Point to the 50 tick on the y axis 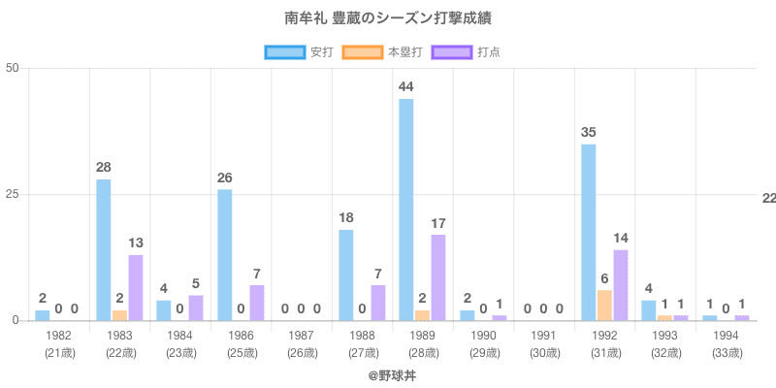point(13,68)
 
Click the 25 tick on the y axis point(13,194)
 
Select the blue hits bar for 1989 point(405,210)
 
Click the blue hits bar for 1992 point(588,233)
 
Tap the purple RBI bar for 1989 point(438,277)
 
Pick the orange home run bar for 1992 point(604,306)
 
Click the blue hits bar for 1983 point(103,250)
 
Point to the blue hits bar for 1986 point(224,255)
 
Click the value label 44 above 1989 point(405,88)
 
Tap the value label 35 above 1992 point(588,133)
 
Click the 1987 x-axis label point(301,336)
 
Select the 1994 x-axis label point(726,336)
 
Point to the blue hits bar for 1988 point(345,275)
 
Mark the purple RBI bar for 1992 point(621,285)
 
